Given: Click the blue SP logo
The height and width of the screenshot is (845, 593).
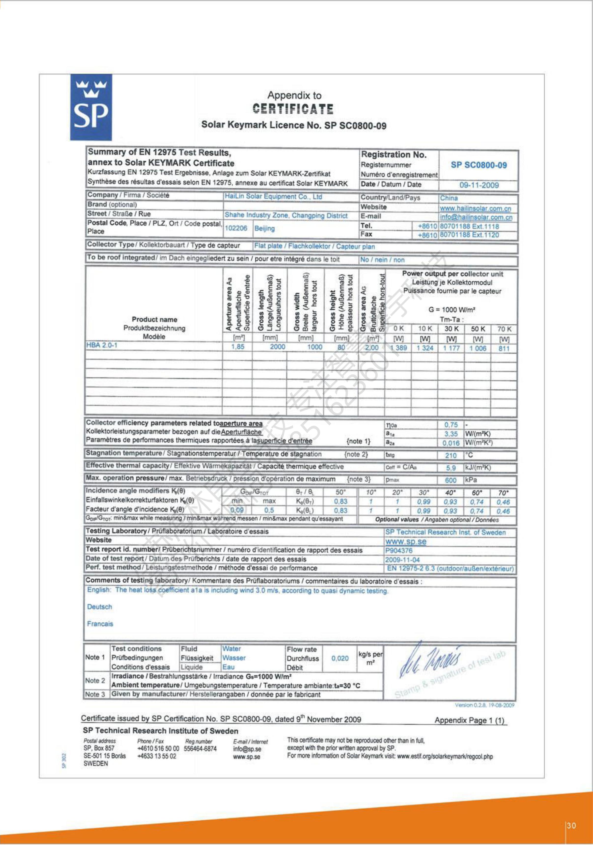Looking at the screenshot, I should pyautogui.click(x=91, y=107).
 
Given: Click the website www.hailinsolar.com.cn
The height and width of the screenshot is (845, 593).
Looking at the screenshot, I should pyautogui.click(x=475, y=208).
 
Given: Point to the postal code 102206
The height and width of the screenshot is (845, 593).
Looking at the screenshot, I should pyautogui.click(x=236, y=228).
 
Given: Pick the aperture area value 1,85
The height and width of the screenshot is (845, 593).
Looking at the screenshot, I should pyautogui.click(x=238, y=347).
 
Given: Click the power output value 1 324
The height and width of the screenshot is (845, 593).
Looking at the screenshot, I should pyautogui.click(x=425, y=348).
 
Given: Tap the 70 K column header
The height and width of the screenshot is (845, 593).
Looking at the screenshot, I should pyautogui.click(x=504, y=329).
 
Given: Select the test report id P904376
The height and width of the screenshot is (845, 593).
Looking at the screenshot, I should pyautogui.click(x=399, y=551).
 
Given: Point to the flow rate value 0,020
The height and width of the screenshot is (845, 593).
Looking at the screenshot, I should pyautogui.click(x=340, y=659).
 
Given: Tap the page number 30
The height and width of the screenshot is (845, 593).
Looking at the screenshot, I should pyautogui.click(x=571, y=826).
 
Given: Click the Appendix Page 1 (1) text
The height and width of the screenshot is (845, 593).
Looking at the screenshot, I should pyautogui.click(x=469, y=721).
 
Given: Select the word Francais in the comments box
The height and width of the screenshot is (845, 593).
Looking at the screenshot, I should pyautogui.click(x=100, y=624).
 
